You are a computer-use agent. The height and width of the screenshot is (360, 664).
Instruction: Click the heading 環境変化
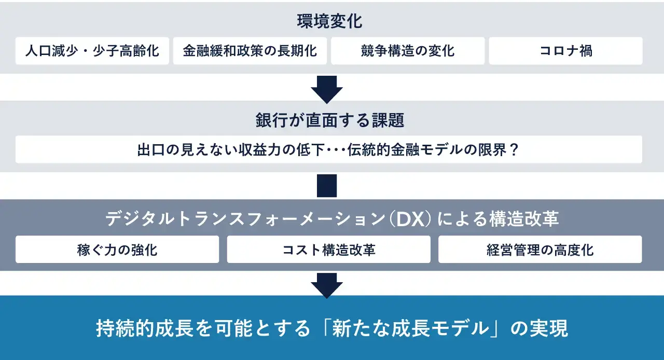tap(329, 21)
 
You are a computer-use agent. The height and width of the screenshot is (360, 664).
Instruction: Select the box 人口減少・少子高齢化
tap(92, 51)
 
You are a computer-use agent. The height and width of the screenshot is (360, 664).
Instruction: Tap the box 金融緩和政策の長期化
tap(250, 51)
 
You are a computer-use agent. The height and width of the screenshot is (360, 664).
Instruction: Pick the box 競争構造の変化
tap(408, 51)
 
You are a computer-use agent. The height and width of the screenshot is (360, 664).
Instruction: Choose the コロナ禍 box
tap(565, 51)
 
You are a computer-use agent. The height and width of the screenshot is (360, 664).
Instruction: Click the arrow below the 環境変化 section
tap(327, 89)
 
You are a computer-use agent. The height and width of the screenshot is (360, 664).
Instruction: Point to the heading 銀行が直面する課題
tap(329, 120)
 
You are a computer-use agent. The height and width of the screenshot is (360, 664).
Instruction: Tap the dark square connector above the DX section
tap(327, 186)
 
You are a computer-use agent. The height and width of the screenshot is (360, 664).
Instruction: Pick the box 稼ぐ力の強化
tap(117, 250)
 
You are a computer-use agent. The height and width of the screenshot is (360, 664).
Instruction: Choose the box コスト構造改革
tap(329, 250)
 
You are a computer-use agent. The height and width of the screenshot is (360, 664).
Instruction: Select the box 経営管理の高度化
tap(540, 250)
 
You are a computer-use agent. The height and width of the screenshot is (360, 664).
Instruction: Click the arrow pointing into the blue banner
tap(327, 286)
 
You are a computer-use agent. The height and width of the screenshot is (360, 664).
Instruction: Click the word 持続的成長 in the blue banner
tap(145, 328)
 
